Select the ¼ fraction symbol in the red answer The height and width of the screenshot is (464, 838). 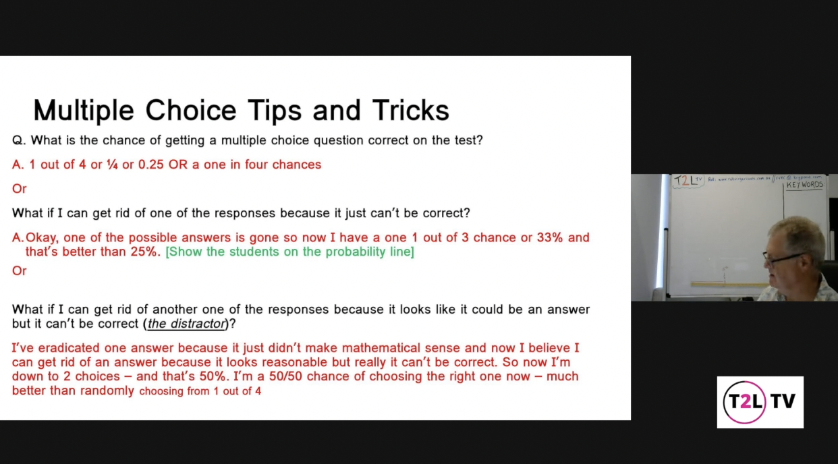pyautogui.click(x=113, y=165)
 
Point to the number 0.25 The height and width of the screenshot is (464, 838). pyautogui.click(x=151, y=165)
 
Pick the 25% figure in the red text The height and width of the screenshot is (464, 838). pyautogui.click(x=144, y=252)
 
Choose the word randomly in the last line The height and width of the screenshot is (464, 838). pyautogui.click(x=107, y=390)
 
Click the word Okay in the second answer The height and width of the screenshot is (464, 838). pyautogui.click(x=42, y=237)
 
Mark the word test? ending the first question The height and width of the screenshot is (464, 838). pyautogui.click(x=467, y=140)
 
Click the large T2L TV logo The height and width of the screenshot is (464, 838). pyautogui.click(x=760, y=402)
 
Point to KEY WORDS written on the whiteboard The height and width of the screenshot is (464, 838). pyautogui.click(x=804, y=185)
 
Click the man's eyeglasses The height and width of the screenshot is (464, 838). pyautogui.click(x=782, y=257)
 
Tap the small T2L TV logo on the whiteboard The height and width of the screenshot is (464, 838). pyautogui.click(x=688, y=181)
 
